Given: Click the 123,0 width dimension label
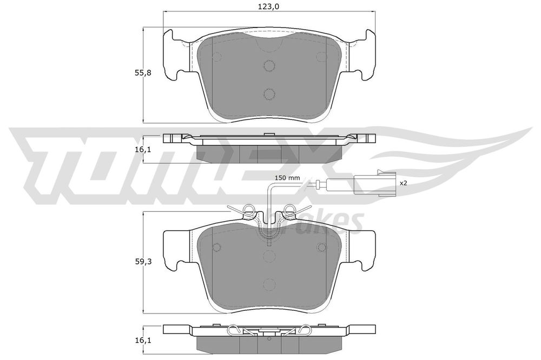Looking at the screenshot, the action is (x=269, y=6).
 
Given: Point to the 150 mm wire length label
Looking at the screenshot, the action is (x=287, y=178).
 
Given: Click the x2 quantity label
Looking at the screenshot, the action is (x=404, y=183).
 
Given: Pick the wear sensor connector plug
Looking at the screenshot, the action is (x=373, y=183).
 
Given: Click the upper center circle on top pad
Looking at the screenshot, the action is (x=269, y=65).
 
